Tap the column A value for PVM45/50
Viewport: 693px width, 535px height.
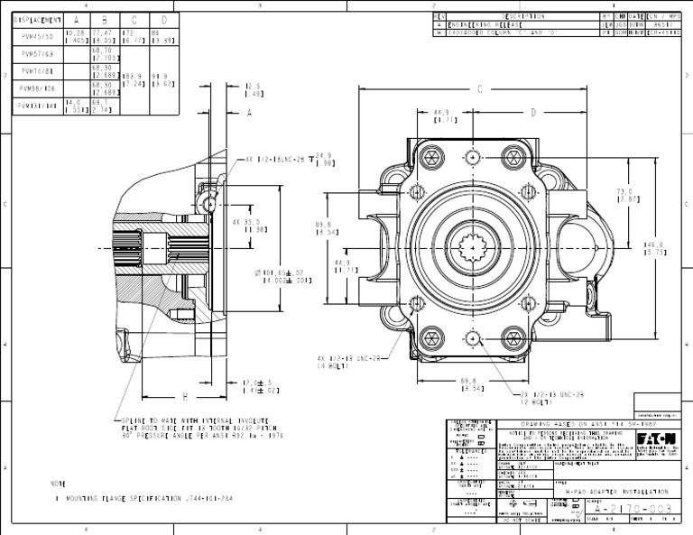(x=75, y=36)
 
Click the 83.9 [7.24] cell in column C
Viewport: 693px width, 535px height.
(x=133, y=79)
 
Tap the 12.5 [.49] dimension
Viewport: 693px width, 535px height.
(x=254, y=90)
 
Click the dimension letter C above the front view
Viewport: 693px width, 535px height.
(x=480, y=89)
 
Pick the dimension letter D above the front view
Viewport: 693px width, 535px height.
(x=533, y=112)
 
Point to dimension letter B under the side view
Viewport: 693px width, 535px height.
(x=185, y=396)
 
